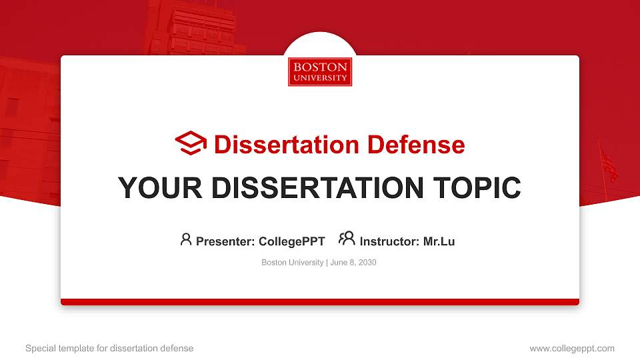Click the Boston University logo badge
point(320,72)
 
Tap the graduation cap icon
point(191,143)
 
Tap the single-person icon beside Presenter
point(186,239)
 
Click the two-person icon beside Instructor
point(347,239)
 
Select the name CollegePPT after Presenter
point(291,241)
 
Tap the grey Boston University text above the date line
point(292,263)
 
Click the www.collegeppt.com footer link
point(572,348)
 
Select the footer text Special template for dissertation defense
point(109,348)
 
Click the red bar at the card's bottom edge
point(320,302)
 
